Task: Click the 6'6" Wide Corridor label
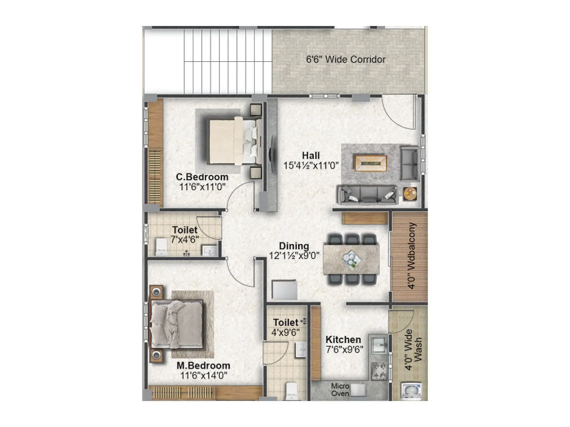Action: click(x=346, y=59)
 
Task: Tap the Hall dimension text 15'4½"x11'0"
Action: click(x=311, y=165)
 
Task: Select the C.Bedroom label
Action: click(x=202, y=177)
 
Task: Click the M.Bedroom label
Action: click(x=203, y=365)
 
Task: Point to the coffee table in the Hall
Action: click(x=370, y=163)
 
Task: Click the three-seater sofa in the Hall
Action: click(x=367, y=195)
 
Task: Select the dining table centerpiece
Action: click(x=352, y=259)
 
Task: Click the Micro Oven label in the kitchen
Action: click(x=340, y=390)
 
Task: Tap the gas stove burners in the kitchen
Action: click(x=379, y=370)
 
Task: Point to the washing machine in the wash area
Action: click(x=411, y=391)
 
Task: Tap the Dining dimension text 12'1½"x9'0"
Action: click(x=294, y=255)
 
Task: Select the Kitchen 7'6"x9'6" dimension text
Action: click(x=344, y=349)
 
